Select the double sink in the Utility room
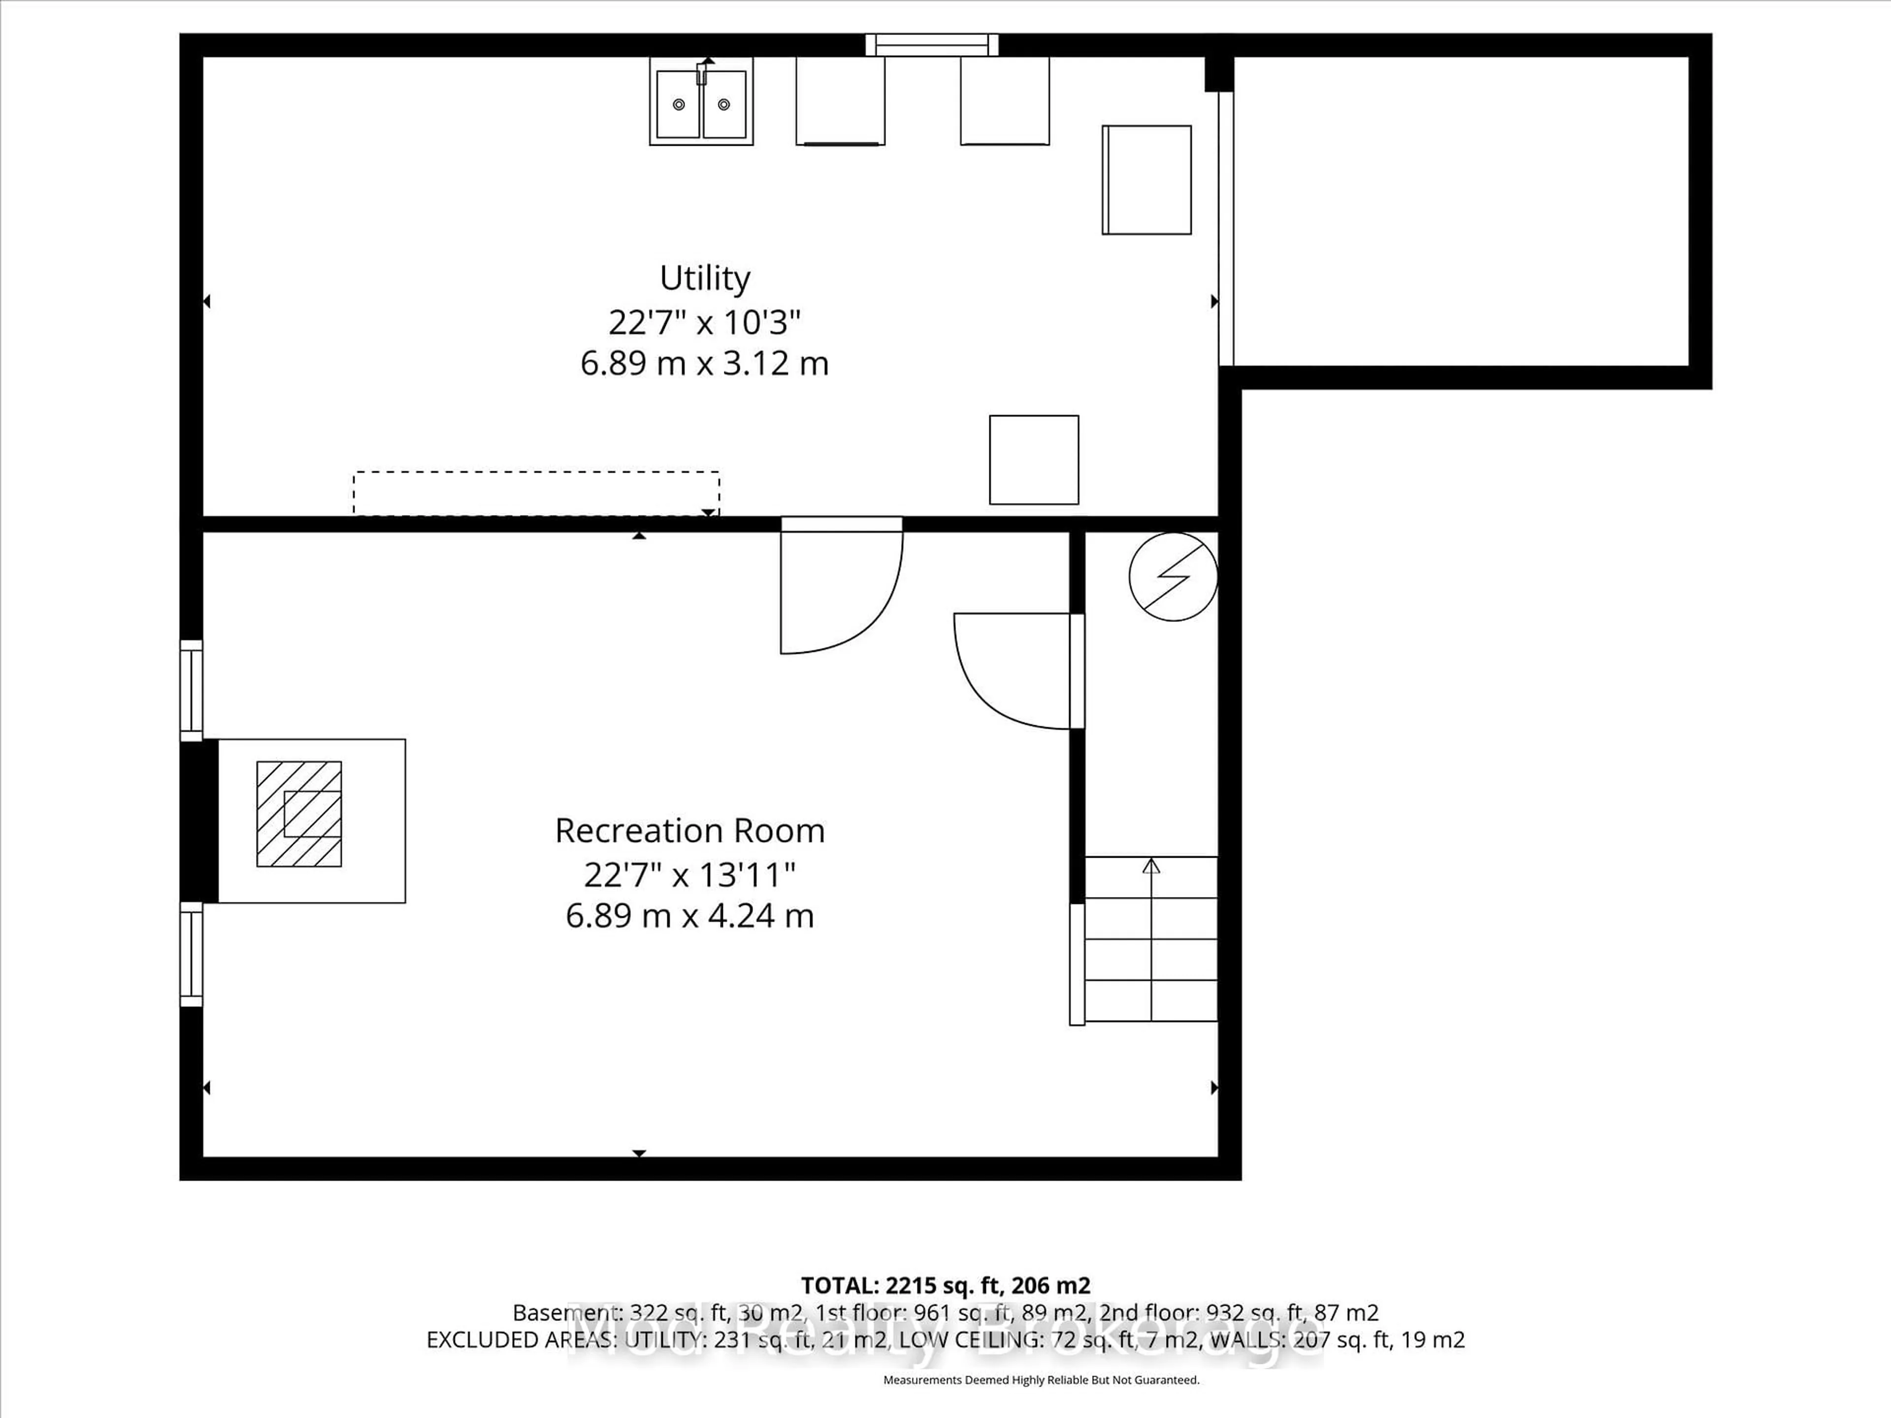701,102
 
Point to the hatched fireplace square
299,814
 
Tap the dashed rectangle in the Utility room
536,493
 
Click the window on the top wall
932,44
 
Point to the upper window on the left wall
192,691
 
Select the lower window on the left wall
192,954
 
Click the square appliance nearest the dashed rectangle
1034,460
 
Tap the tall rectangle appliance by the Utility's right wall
1146,180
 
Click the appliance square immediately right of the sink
840,101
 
